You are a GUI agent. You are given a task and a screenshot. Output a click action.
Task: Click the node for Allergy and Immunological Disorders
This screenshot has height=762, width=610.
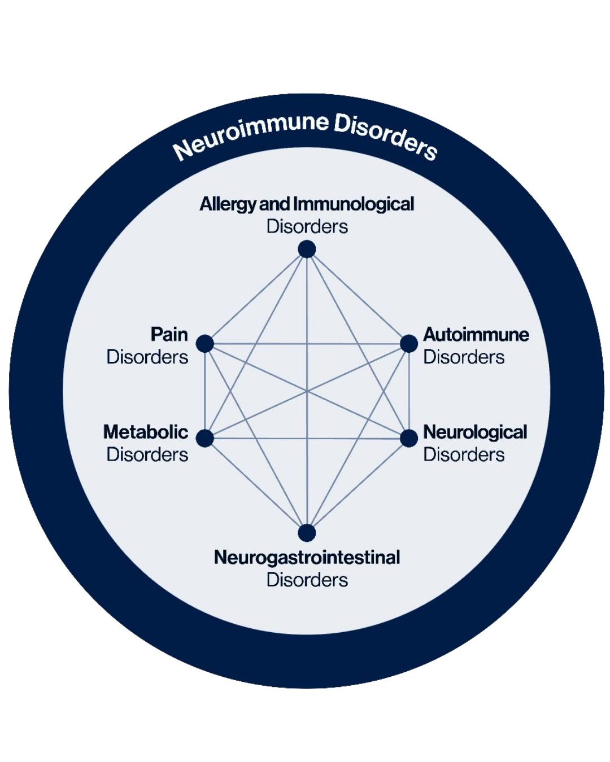coord(307,249)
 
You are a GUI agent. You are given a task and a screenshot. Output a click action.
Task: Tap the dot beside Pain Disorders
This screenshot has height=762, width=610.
coord(204,343)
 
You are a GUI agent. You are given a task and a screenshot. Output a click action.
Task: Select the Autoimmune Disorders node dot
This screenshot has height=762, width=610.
coord(409,343)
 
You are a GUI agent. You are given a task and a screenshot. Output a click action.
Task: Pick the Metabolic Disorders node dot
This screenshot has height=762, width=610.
coord(204,438)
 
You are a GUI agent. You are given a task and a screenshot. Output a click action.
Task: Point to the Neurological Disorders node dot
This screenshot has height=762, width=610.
coord(409,438)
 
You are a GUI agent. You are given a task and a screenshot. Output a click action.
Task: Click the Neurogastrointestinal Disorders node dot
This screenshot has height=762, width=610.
coord(307,533)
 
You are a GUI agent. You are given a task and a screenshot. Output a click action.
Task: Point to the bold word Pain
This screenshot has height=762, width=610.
coord(169,334)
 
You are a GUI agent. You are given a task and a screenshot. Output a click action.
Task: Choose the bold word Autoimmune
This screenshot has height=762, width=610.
coord(476,334)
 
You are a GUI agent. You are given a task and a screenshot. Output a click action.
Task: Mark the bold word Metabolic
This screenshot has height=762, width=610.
coord(146,432)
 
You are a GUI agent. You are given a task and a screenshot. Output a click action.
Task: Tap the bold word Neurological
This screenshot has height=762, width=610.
coord(475,432)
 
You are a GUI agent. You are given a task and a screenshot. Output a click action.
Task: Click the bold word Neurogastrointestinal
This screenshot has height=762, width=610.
coord(307,557)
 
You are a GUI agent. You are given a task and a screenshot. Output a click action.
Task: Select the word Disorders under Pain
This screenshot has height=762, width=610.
coord(147,357)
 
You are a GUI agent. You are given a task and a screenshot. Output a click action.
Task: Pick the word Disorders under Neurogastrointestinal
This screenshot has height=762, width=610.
coord(307,580)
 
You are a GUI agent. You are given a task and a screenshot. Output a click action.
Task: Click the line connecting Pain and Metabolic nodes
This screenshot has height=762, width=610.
coord(204,391)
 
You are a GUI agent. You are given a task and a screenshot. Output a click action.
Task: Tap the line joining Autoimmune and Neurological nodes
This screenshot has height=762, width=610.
coord(409,391)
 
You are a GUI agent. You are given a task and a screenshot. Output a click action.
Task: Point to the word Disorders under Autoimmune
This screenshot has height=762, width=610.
coord(464,357)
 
